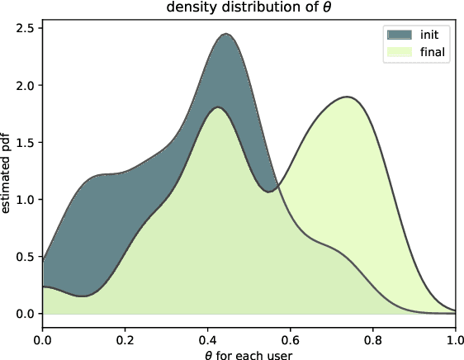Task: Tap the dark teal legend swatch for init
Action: pos(398,35)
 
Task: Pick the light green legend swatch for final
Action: pos(398,52)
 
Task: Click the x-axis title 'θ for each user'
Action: pos(249,353)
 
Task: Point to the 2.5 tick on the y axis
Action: pos(27,28)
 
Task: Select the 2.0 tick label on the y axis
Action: pos(27,85)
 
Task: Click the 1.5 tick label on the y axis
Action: pos(27,142)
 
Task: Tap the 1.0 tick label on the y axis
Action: pos(27,200)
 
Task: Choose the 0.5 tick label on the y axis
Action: pos(27,257)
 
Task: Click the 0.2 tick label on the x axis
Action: pos(125,337)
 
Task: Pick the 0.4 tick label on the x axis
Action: pos(207,337)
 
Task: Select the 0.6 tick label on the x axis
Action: pos(290,337)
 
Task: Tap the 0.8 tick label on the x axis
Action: pos(372,337)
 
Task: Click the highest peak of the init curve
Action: pos(225,34)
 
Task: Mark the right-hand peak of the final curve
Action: pos(347,97)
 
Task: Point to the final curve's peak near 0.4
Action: pos(218,107)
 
